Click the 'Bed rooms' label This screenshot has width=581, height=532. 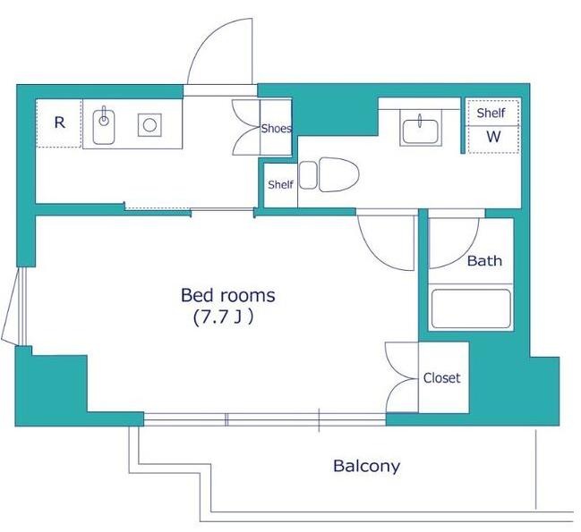(x=228, y=295)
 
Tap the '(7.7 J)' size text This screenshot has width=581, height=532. (x=223, y=317)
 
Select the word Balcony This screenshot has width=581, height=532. (x=366, y=466)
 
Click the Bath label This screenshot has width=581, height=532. (x=484, y=261)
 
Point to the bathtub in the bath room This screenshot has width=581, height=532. (x=471, y=308)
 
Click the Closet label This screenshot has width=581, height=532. (x=441, y=377)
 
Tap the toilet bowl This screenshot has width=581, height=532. (x=339, y=174)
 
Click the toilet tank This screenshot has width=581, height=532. (x=308, y=175)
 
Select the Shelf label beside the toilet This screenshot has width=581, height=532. (x=280, y=184)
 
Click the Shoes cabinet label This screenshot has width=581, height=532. (x=277, y=129)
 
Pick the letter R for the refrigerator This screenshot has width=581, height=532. (x=60, y=122)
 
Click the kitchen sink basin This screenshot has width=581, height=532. (x=104, y=127)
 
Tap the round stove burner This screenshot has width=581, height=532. (x=150, y=125)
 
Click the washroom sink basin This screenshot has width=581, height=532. (x=420, y=131)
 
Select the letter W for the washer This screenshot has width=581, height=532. (x=493, y=137)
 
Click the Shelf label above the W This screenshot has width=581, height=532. (x=491, y=113)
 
